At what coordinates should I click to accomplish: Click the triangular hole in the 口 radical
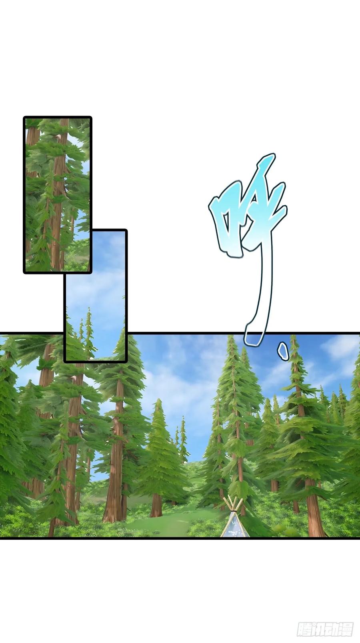227,226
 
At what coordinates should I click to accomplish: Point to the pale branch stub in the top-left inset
58,138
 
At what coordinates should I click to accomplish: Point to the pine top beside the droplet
292,345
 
